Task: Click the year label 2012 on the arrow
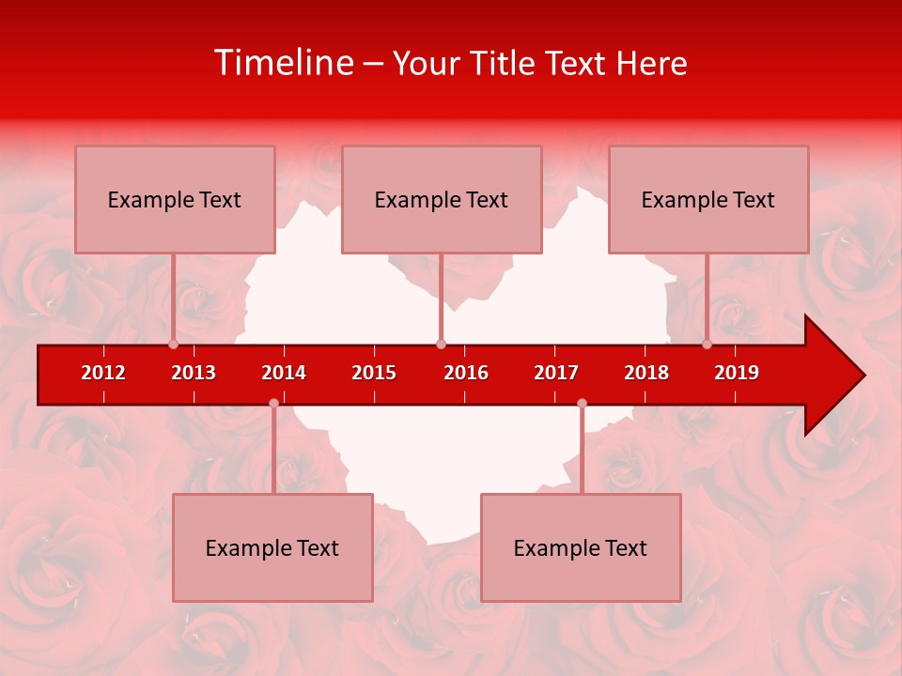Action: [103, 373]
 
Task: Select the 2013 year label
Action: [194, 373]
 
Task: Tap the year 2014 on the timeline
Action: [284, 373]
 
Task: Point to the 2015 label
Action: [374, 373]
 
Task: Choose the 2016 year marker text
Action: [466, 373]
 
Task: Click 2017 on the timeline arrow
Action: [556, 373]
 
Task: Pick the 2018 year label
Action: [646, 373]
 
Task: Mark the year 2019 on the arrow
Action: [737, 373]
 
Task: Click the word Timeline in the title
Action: [283, 63]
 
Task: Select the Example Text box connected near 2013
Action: [175, 199]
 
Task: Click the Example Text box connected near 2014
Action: [272, 547]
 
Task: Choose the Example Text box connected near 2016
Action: [442, 199]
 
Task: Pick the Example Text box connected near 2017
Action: [581, 547]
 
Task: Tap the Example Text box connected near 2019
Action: [708, 199]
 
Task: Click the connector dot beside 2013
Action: [173, 344]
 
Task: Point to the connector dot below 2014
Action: [273, 404]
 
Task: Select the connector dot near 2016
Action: [441, 344]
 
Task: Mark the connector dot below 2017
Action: [582, 404]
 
